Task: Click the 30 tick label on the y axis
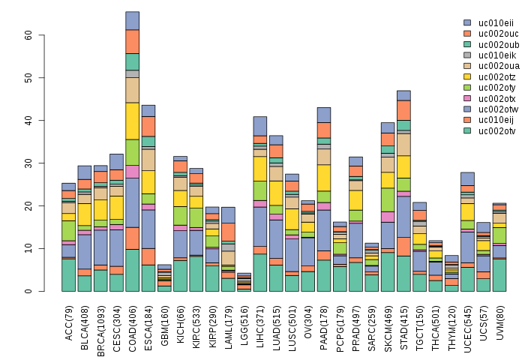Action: pyautogui.click(x=28, y=163)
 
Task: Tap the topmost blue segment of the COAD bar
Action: pyautogui.click(x=132, y=20)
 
